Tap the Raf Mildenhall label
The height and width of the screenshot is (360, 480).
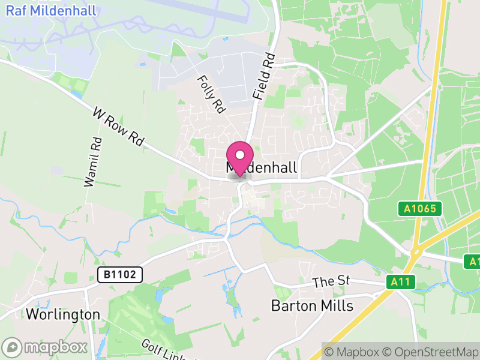click(x=46, y=11)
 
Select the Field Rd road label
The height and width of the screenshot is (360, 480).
click(x=263, y=76)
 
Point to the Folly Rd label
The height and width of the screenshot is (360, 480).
click(x=211, y=94)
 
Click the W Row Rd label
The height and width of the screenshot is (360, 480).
click(x=119, y=127)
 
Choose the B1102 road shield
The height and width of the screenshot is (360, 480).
click(x=120, y=275)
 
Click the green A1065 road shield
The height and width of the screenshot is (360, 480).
click(x=419, y=209)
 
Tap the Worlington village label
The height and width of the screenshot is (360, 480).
click(x=62, y=314)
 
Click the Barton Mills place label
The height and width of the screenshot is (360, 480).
click(x=312, y=305)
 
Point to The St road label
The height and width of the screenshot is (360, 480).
click(x=331, y=282)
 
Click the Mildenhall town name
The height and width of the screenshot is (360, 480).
click(x=262, y=169)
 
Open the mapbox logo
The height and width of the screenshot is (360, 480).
click(x=45, y=347)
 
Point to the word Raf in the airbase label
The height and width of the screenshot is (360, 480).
click(x=16, y=11)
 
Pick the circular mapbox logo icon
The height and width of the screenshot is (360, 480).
click(x=12, y=347)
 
